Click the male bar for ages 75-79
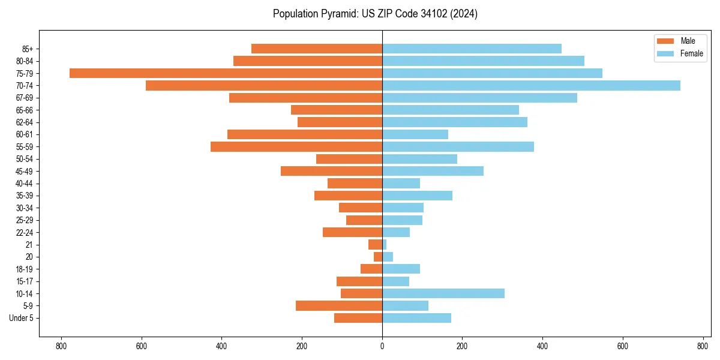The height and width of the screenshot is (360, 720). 226,73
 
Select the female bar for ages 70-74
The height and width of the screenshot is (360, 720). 531,85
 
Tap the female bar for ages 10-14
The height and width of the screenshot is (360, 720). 443,293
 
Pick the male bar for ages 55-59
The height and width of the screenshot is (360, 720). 296,146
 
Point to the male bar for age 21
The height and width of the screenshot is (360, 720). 376,244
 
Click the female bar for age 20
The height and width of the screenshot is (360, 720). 388,257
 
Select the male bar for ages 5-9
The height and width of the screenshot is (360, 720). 339,305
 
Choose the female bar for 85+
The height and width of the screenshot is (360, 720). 472,49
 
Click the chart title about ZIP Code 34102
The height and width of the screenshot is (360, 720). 375,14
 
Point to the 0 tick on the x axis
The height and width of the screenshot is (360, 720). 382,346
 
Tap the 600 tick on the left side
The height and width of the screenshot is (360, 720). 142,346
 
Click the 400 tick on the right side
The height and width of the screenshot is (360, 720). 542,346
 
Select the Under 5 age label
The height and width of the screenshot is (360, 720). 21,318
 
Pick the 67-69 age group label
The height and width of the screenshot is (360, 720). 25,98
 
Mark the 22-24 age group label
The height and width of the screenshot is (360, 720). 25,232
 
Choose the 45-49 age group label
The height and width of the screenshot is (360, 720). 25,171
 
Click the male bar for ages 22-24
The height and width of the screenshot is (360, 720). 353,232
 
